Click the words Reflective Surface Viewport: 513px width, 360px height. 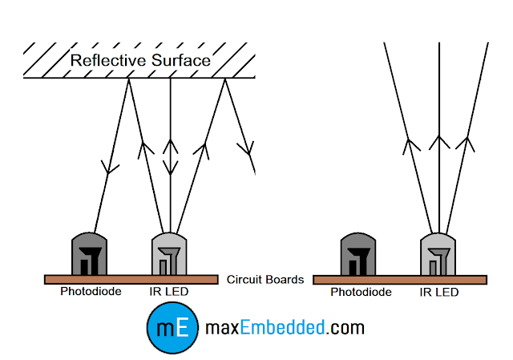[140, 60]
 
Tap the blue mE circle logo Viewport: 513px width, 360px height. [172, 329]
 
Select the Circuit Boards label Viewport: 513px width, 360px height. [265, 280]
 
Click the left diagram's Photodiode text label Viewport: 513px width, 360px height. [91, 292]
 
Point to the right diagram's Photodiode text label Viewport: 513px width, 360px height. [362, 293]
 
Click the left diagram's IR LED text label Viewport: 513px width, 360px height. [169, 292]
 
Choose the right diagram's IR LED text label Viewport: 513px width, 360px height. [439, 293]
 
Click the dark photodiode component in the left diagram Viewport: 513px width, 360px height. [90, 254]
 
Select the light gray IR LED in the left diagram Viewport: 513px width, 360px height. [170, 254]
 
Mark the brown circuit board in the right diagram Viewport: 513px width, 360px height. [399, 280]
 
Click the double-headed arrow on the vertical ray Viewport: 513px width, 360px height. [170, 156]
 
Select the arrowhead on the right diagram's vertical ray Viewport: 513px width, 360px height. [438, 142]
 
